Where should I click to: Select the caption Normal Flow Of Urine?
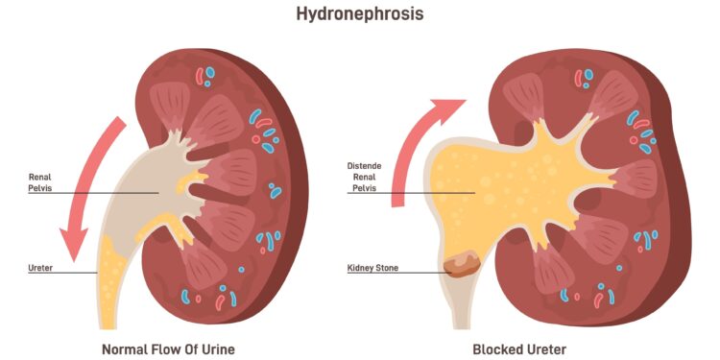tap(168, 348)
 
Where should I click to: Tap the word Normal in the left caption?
tap(125, 348)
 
